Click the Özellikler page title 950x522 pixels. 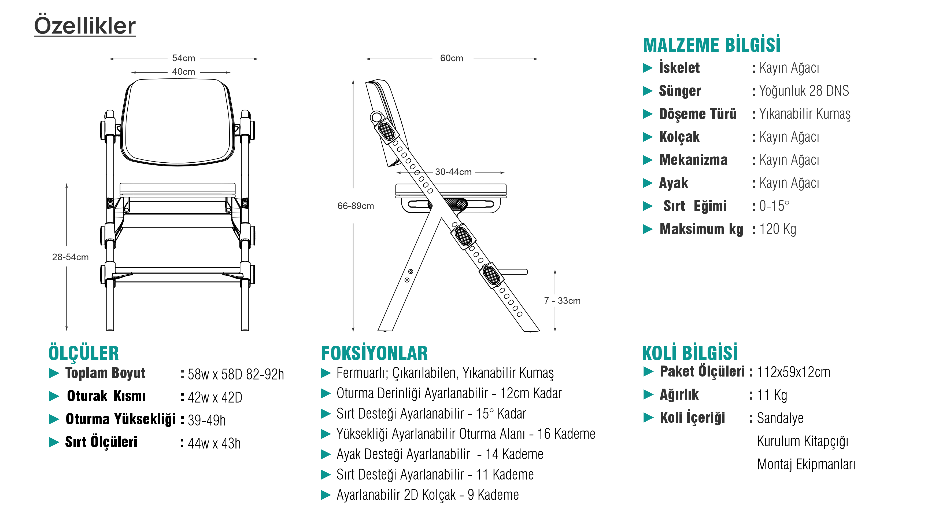click(x=85, y=26)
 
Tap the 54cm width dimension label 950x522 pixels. click(x=183, y=58)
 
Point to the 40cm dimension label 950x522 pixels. click(x=183, y=72)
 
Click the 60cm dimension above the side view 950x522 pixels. click(x=451, y=58)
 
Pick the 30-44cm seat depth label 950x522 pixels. click(x=453, y=172)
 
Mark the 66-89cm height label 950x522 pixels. click(x=356, y=206)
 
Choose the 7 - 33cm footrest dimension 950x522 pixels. click(x=562, y=301)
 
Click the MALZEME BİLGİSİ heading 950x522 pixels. click(x=711, y=45)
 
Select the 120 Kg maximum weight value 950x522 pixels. click(x=778, y=229)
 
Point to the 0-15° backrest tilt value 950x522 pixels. click(x=774, y=206)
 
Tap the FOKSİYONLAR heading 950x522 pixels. click(x=374, y=353)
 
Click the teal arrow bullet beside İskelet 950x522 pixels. click(x=648, y=68)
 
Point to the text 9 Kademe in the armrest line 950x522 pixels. click(x=493, y=495)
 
